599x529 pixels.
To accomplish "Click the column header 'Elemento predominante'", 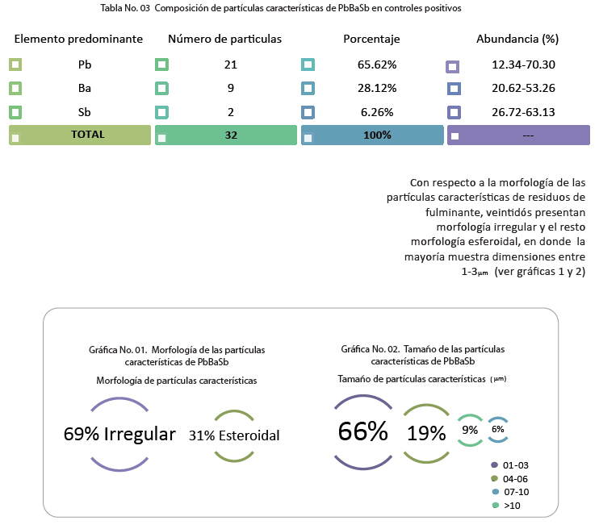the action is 78,39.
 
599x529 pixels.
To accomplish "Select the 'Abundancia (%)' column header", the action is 517,39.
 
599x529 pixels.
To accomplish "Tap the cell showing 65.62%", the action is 377,65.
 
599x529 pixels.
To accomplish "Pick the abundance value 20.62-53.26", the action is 523,88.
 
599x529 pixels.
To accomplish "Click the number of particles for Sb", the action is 231,112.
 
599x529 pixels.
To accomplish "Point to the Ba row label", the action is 85,88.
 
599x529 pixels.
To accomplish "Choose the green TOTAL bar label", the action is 87,135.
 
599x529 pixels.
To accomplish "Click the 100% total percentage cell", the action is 377,135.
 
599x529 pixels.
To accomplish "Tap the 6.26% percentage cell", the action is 377,112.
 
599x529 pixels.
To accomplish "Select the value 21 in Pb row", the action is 231,65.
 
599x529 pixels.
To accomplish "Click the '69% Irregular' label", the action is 119,434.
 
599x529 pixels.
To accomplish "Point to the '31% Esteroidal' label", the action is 234,435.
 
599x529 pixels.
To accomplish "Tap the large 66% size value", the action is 363,431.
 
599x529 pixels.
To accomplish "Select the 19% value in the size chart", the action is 426,433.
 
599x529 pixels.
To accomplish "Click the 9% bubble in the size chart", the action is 470,430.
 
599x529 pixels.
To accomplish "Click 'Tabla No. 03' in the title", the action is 125,8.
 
